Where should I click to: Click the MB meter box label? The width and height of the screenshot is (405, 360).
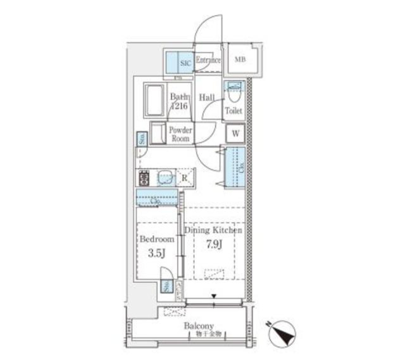[x=240, y=60]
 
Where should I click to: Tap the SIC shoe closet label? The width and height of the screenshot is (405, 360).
[x=186, y=63]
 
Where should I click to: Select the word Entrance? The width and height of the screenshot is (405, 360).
[x=208, y=60]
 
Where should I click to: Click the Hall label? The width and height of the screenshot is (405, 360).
[x=207, y=98]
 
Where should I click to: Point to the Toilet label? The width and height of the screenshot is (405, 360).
[x=233, y=111]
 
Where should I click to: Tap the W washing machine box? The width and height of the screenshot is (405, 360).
[x=236, y=134]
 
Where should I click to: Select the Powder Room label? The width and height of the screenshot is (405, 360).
[x=181, y=134]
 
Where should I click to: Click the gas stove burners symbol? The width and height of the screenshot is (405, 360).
[x=143, y=178]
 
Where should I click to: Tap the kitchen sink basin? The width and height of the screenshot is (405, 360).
[x=166, y=178]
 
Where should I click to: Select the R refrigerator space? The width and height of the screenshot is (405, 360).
[x=184, y=178]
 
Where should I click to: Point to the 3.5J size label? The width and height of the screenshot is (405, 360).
[x=157, y=254]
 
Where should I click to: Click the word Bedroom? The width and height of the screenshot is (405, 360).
[x=157, y=239]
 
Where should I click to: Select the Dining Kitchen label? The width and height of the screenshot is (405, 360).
[x=213, y=230]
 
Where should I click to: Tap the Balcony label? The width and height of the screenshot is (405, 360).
[x=199, y=326]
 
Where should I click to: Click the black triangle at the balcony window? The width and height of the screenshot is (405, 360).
[x=215, y=297]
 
